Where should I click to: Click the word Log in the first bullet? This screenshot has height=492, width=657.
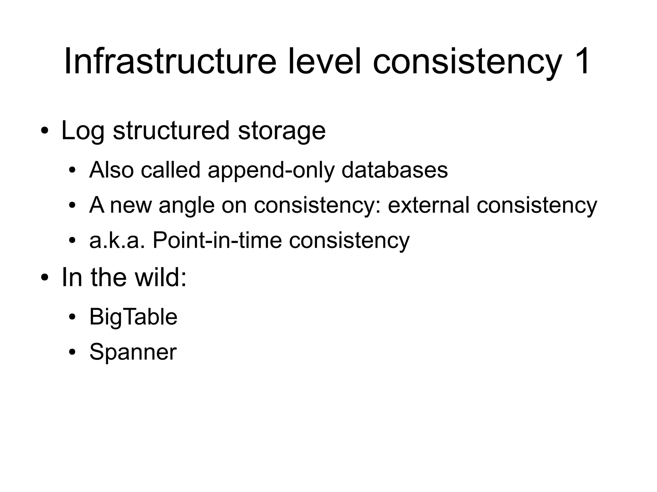[83, 131]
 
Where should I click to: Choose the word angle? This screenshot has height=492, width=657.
[186, 205]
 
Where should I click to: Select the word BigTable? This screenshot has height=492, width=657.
[133, 317]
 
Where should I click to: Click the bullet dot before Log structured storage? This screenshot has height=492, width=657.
[45, 131]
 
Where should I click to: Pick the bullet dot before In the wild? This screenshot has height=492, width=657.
[45, 278]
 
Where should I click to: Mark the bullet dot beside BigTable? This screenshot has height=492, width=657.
[72, 317]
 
